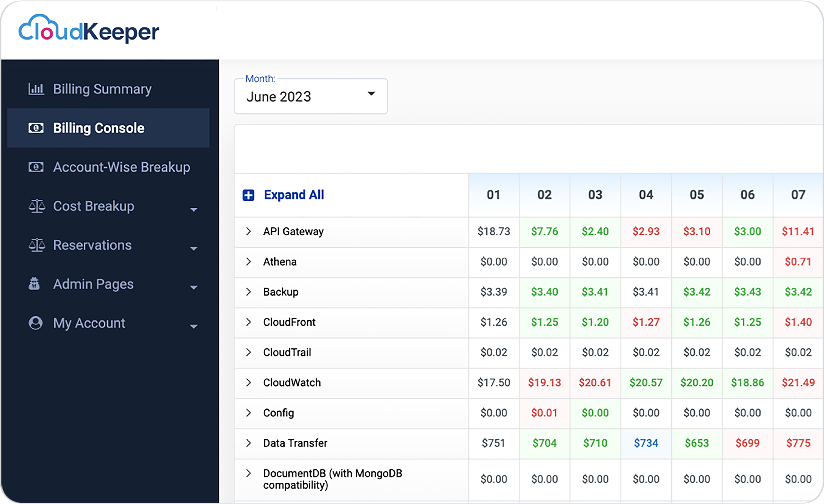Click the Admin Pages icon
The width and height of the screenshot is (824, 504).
coord(34,284)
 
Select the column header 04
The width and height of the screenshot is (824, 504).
coord(646,195)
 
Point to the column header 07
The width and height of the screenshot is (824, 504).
coord(798,195)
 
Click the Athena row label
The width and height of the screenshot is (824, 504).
coord(280,262)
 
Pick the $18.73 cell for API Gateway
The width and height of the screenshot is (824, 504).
coord(494,231)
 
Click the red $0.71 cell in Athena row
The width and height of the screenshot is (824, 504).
coord(798,262)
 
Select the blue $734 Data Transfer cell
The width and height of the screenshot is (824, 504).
coord(646,443)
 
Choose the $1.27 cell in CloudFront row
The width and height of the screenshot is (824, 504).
coord(646,322)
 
